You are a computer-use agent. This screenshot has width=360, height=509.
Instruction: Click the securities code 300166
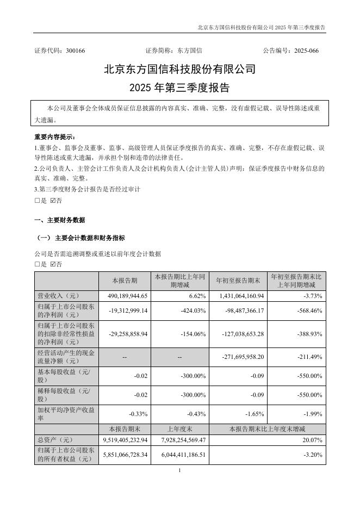[x=75, y=51]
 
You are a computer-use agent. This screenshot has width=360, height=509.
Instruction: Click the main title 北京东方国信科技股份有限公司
[x=179, y=70]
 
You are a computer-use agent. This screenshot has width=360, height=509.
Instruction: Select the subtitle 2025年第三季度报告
[x=179, y=88]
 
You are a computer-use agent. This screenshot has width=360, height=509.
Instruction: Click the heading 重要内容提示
[x=55, y=136]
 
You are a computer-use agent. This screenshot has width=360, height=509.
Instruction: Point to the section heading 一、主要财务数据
[x=59, y=220]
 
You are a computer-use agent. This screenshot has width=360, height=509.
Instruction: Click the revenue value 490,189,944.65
[x=126, y=296]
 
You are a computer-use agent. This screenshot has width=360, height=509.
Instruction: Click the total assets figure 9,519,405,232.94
[x=125, y=439]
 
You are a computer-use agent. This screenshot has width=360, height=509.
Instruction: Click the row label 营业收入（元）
[x=56, y=296]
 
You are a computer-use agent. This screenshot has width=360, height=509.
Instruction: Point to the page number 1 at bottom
[x=179, y=470]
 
